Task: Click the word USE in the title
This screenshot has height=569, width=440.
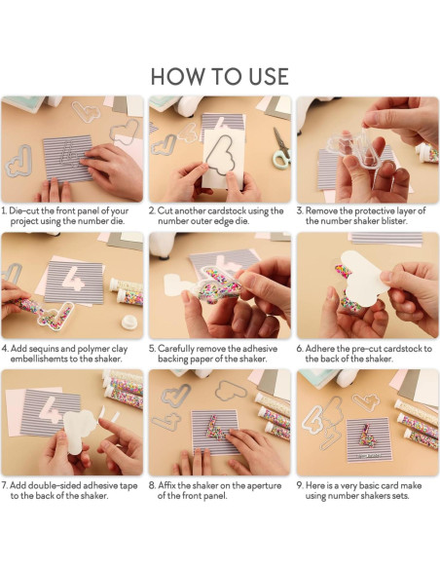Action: click(269, 77)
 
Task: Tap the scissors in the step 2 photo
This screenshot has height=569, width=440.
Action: click(281, 148)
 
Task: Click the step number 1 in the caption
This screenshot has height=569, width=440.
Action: click(4, 210)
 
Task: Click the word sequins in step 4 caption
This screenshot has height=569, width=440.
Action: click(43, 349)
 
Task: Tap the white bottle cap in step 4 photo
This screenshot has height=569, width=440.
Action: click(129, 322)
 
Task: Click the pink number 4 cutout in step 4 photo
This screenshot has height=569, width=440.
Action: click(73, 279)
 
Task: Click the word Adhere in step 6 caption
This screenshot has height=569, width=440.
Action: click(319, 349)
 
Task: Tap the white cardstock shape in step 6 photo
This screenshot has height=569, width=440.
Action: click(362, 277)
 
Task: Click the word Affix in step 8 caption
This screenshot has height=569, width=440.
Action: click(166, 485)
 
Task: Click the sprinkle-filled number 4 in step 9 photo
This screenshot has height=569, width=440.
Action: click(368, 436)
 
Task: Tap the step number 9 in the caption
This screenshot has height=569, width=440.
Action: click(300, 485)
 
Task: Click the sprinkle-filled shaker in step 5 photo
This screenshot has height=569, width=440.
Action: click(217, 286)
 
